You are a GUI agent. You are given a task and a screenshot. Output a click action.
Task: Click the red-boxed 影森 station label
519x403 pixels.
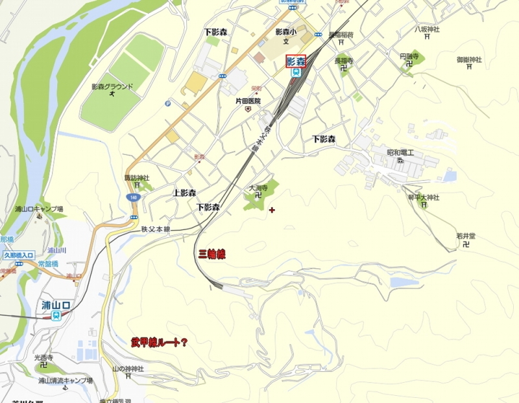click(296, 62)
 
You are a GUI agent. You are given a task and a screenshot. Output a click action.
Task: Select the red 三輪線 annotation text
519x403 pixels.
click(211, 255)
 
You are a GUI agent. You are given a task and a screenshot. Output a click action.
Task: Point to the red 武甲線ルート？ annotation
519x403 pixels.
click(159, 341)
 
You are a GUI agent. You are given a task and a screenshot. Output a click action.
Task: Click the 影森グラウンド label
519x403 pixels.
click(112, 86)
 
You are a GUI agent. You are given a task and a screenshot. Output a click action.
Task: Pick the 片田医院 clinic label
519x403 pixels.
click(248, 101)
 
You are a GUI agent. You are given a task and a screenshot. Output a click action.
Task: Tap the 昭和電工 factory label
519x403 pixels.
click(404, 153)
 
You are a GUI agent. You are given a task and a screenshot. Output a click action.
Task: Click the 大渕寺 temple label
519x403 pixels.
click(258, 188)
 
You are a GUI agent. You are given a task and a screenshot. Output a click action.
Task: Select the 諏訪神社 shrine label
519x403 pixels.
click(137, 178)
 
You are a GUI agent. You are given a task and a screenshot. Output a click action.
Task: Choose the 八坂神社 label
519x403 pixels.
click(427, 29)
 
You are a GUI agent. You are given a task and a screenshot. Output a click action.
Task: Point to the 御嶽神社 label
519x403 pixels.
click(469, 60)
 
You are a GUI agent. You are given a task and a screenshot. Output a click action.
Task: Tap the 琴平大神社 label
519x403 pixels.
click(424, 197)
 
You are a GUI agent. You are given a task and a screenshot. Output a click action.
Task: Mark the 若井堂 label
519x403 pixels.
click(466, 236)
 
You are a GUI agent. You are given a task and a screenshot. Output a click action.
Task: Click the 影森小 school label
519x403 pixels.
click(285, 31)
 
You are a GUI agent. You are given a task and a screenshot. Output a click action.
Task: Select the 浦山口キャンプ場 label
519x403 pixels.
click(40, 209)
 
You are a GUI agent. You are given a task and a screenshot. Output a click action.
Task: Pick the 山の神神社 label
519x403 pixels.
click(128, 369)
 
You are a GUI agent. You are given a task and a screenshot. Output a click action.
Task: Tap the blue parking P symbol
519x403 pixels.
click(169, 102)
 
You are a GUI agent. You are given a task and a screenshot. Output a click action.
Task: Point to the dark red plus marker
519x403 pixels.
click(272, 209)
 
